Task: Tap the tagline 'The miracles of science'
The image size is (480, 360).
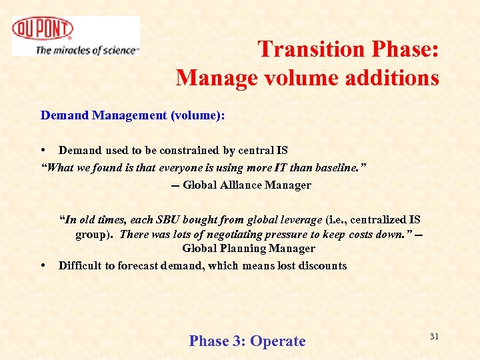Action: click(87, 50)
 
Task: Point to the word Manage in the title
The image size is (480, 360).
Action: click(212, 78)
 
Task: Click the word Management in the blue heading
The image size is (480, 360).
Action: click(130, 115)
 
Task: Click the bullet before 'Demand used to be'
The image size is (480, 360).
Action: click(43, 150)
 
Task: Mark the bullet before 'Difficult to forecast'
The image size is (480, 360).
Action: click(43, 265)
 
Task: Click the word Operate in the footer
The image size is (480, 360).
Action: click(277, 341)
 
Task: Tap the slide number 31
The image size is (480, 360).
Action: click(434, 337)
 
